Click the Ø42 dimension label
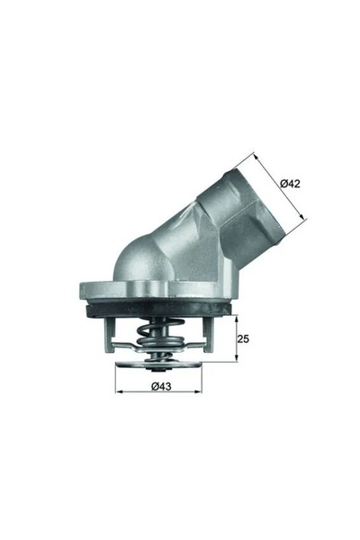click(290, 184)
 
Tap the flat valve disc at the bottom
click(162, 364)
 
